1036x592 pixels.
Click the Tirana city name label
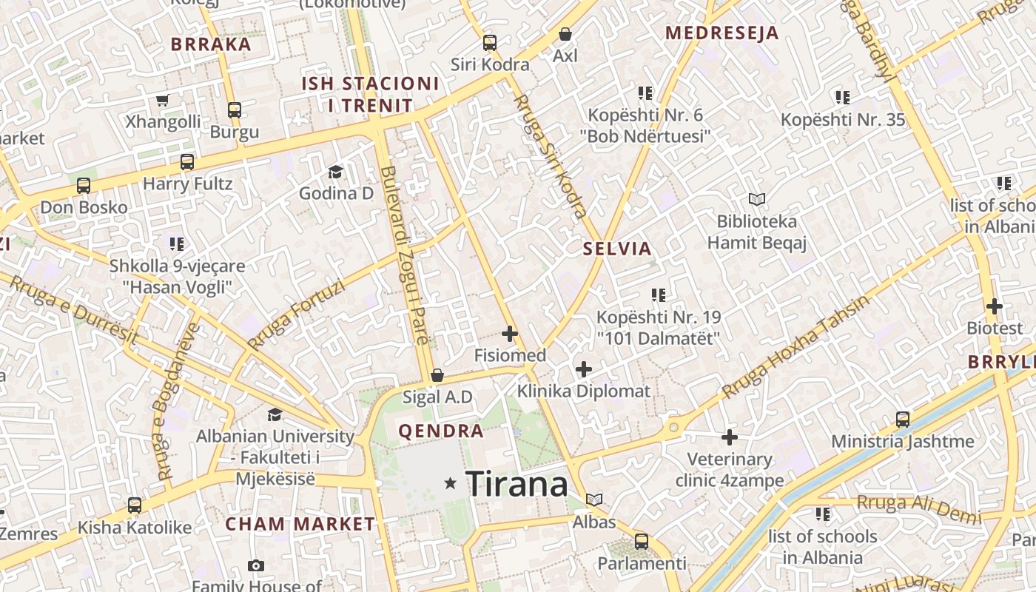pyautogui.click(x=517, y=485)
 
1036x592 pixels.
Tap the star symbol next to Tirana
pyautogui.click(x=450, y=483)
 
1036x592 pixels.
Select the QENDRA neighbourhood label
pyautogui.click(x=441, y=431)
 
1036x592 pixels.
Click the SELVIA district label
pyautogui.click(x=617, y=249)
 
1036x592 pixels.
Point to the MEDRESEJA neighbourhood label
pyautogui.click(x=721, y=33)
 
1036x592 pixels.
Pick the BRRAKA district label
pyautogui.click(x=212, y=44)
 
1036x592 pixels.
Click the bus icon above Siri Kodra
pyautogui.click(x=490, y=43)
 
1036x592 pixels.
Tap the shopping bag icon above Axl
pyautogui.click(x=565, y=34)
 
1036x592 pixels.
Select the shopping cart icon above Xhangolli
pyautogui.click(x=163, y=100)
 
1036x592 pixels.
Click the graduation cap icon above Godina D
pyautogui.click(x=335, y=172)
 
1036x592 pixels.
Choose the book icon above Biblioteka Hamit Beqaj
pyautogui.click(x=756, y=199)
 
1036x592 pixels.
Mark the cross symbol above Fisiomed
pyautogui.click(x=510, y=334)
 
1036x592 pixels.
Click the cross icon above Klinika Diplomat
pyautogui.click(x=584, y=369)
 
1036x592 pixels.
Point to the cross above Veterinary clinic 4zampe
pyautogui.click(x=730, y=437)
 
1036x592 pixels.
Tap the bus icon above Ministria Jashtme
pyautogui.click(x=903, y=420)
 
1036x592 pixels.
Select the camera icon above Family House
pyautogui.click(x=256, y=566)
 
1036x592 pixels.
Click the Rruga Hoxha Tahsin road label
pyautogui.click(x=795, y=346)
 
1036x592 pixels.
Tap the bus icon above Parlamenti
pyautogui.click(x=642, y=541)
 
